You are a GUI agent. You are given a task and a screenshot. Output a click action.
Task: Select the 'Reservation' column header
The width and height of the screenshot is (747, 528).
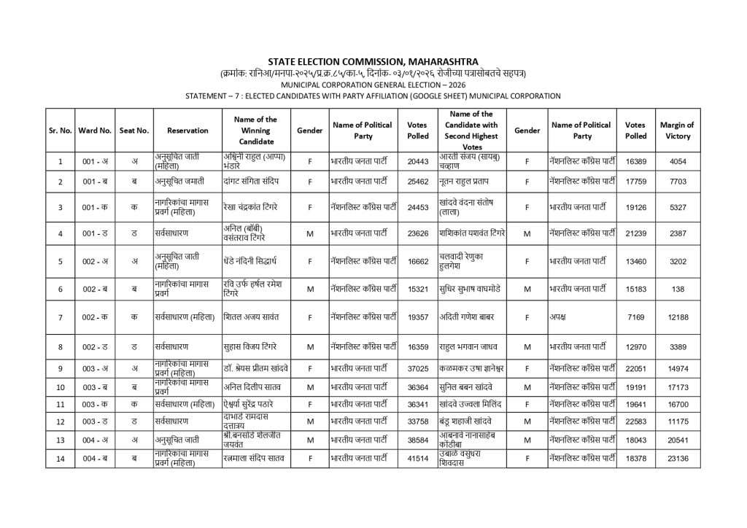(x=187, y=131)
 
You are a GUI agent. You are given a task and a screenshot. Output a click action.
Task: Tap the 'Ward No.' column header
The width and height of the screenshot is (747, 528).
(x=96, y=131)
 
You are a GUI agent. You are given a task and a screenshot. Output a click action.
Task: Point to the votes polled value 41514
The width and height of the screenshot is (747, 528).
(x=418, y=459)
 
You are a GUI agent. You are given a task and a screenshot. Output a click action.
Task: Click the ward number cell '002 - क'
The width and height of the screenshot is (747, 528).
(x=96, y=317)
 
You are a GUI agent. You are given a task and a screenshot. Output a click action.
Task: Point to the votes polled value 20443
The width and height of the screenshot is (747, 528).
(x=418, y=161)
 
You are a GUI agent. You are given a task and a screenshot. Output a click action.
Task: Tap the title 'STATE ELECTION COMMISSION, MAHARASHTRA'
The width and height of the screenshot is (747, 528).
(x=373, y=61)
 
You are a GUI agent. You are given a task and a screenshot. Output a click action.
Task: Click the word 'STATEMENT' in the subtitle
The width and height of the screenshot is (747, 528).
(x=208, y=96)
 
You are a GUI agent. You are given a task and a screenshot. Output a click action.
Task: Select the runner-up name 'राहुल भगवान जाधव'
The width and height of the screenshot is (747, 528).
(x=470, y=346)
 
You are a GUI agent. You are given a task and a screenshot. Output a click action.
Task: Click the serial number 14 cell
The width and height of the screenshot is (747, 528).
(x=60, y=459)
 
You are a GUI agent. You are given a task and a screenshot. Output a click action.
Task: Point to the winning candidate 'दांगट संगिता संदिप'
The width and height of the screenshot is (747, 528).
(x=255, y=181)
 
